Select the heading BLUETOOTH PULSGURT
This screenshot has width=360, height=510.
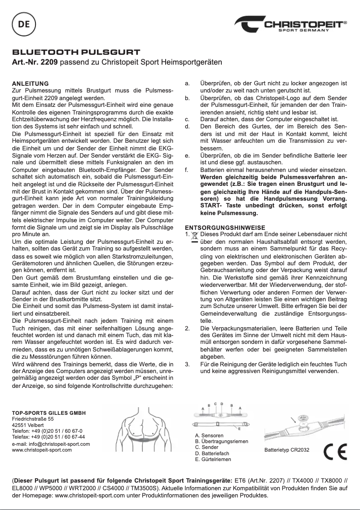[76, 53]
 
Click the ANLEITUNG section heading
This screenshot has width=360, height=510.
[30, 84]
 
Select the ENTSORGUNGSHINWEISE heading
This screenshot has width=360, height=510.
[225, 228]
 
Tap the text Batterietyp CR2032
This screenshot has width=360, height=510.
[287, 449]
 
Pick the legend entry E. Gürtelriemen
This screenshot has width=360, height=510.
[213, 460]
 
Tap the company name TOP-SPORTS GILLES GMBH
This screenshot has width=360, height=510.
[48, 412]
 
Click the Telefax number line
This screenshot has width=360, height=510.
[48, 436]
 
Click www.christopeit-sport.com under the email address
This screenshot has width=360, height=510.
[42, 449]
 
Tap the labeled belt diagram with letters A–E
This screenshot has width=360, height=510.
[222, 415]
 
